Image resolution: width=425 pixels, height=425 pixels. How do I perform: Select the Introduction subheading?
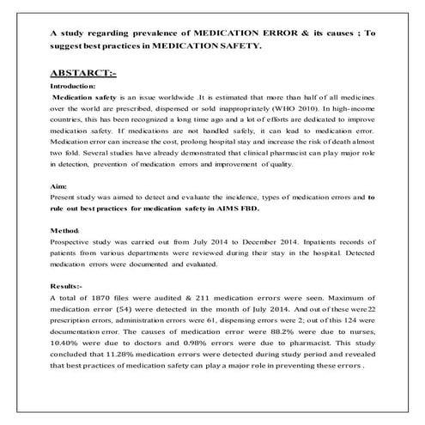pos(75,87)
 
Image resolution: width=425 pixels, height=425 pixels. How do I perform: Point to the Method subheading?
pos(67,233)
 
